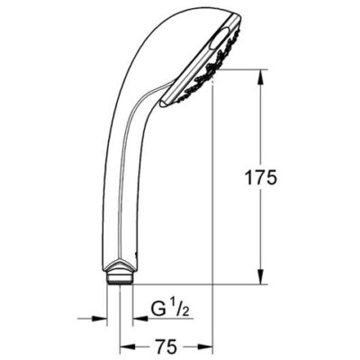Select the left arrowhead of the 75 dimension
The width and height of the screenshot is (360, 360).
click(x=127, y=346)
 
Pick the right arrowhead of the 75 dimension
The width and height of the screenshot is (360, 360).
click(x=206, y=346)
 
